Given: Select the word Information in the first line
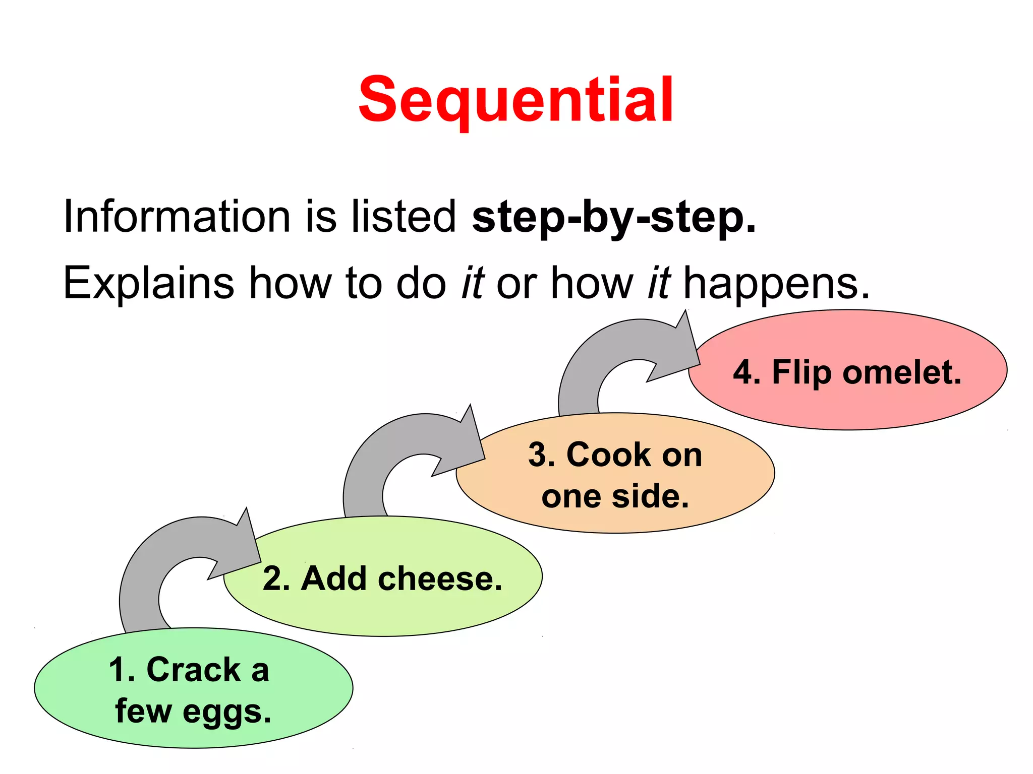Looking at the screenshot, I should tap(177, 217).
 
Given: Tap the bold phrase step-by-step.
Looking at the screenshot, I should tap(613, 218).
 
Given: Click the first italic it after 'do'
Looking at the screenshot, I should tap(473, 283).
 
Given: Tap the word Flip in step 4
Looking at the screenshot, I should tap(801, 373).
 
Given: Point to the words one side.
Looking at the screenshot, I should tap(615, 496).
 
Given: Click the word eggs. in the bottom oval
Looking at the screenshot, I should tap(226, 712).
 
